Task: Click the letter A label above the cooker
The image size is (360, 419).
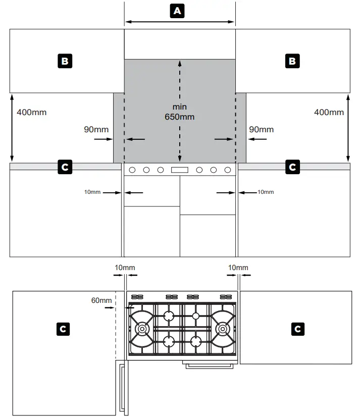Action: pyautogui.click(x=176, y=11)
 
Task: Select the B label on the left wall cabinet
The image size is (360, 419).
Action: pyautogui.click(x=65, y=62)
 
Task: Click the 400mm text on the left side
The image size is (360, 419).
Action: pyautogui.click(x=31, y=112)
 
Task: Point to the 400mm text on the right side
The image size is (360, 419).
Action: pyautogui.click(x=329, y=112)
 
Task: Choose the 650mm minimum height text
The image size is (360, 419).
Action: pyautogui.click(x=179, y=117)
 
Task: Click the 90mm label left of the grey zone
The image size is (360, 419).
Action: pyautogui.click(x=96, y=129)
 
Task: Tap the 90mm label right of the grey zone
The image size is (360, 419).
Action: pyautogui.click(x=262, y=129)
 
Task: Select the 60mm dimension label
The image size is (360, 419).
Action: pyautogui.click(x=101, y=300)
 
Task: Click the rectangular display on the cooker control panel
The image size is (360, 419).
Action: pyautogui.click(x=180, y=170)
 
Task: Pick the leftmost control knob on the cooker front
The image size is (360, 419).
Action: pyautogui.click(x=134, y=170)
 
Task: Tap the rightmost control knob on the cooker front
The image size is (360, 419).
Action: pyautogui.click(x=227, y=170)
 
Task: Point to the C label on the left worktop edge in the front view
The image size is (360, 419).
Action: pyautogui.click(x=65, y=167)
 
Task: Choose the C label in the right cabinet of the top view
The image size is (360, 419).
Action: pyautogui.click(x=298, y=329)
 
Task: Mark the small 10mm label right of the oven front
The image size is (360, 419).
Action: pyautogui.click(x=266, y=192)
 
